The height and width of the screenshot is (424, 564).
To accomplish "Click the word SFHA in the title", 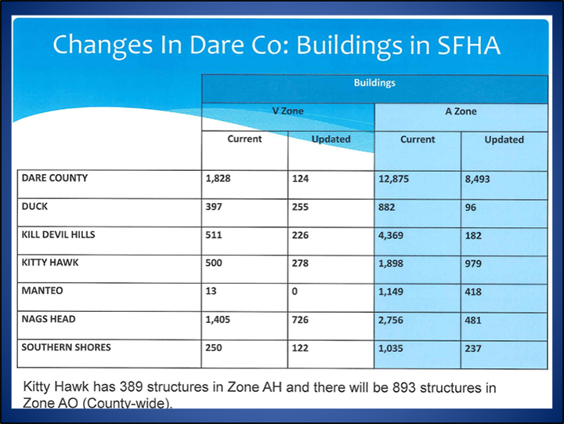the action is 468,45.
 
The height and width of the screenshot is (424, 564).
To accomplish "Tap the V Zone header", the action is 287,111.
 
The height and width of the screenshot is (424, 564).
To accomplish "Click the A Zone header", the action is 461,111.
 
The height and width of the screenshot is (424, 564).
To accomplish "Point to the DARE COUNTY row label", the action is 55,178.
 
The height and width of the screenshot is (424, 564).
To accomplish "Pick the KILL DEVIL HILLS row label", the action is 58,234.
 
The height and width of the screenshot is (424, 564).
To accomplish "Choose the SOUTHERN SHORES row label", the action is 66,347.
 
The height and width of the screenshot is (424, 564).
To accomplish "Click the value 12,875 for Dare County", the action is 393,179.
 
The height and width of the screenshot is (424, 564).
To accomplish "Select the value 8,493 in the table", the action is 477,179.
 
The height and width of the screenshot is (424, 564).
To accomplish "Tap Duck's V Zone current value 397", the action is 214,207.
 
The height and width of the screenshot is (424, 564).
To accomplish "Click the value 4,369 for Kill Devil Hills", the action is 391,235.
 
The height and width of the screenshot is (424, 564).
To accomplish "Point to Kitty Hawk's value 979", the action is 473,263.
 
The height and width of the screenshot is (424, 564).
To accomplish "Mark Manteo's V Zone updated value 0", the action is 295,292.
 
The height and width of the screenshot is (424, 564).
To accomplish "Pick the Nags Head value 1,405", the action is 218,320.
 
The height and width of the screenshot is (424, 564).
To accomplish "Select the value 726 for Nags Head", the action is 300,320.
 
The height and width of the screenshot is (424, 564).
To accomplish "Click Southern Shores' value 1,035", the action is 391,349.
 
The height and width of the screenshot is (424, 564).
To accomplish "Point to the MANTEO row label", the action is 42,291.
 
